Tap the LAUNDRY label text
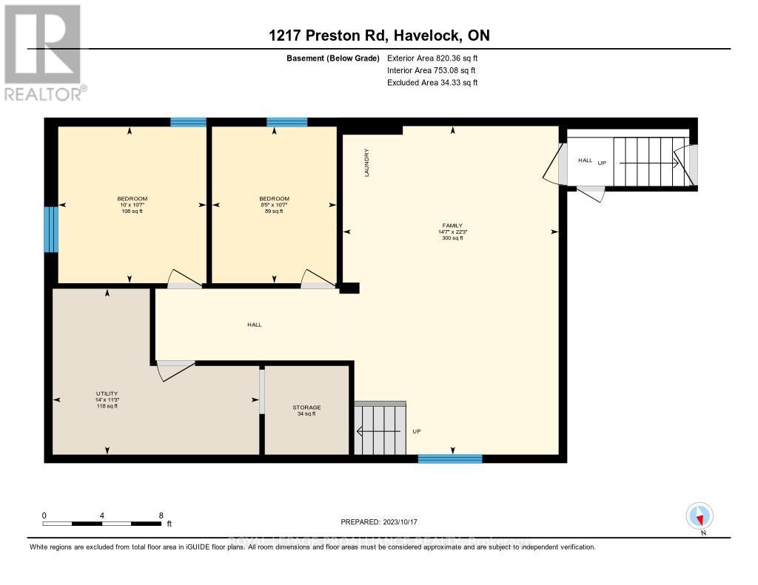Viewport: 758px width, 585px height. point(366,163)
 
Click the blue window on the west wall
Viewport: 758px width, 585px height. point(50,229)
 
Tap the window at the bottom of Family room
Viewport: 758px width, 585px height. point(449,459)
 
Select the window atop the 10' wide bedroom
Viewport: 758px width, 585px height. point(188,122)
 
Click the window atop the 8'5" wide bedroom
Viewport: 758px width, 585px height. point(286,122)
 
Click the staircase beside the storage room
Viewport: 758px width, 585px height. point(380,429)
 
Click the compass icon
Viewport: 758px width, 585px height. point(700,515)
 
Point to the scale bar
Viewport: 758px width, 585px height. point(101,523)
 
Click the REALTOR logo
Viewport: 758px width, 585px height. point(43,52)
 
